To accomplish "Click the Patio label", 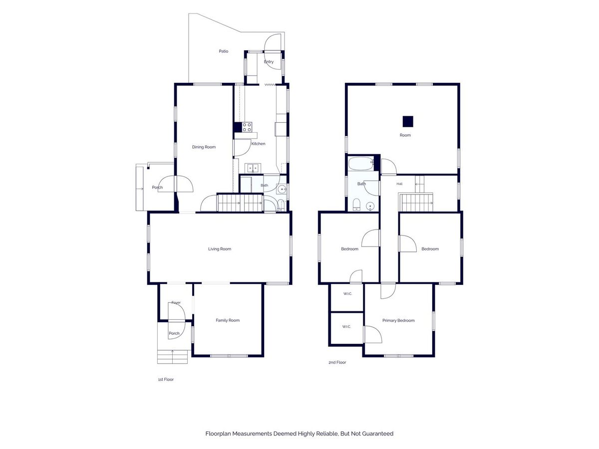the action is [x=223, y=51].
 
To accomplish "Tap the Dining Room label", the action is [x=204, y=147].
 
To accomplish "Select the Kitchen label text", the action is [x=258, y=144].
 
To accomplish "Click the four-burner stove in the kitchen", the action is [x=247, y=127].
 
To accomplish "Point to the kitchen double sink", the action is [x=253, y=168].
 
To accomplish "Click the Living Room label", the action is [x=220, y=249].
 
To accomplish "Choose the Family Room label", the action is [x=228, y=320].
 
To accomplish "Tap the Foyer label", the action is [x=176, y=303].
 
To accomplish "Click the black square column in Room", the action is [x=408, y=121].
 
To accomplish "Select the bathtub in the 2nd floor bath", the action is [x=361, y=164].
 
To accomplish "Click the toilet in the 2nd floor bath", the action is [x=356, y=204].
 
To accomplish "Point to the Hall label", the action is [x=399, y=184].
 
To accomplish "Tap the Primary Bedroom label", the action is [x=398, y=321].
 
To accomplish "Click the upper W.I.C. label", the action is [x=347, y=294].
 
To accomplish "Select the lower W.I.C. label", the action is [x=346, y=326].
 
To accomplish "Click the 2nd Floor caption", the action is [x=337, y=362].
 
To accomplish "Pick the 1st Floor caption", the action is [x=166, y=379].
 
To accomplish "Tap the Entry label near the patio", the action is [x=269, y=62].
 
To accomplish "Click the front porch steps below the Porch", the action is [x=172, y=357].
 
